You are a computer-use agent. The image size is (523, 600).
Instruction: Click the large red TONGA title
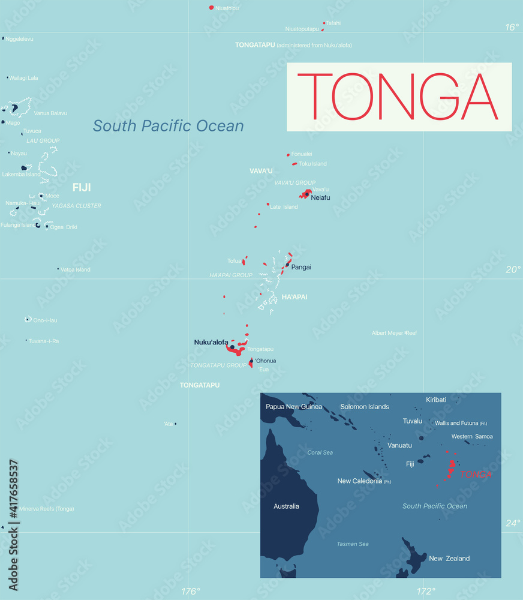(x=399, y=97)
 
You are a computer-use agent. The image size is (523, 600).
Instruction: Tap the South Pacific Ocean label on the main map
(x=168, y=126)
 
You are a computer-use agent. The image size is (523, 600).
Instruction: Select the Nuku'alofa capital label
(x=211, y=342)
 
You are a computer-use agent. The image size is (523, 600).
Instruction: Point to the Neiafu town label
(x=320, y=197)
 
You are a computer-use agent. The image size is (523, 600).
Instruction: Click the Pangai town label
(x=301, y=267)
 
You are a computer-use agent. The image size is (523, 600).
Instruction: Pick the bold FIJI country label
(x=82, y=188)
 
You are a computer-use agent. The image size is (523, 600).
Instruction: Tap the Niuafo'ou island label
(x=227, y=8)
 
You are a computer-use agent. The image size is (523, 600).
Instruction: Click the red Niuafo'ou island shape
(x=211, y=8)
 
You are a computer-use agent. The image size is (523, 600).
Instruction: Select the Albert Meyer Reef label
(x=394, y=333)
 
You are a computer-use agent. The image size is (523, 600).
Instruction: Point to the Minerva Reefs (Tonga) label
(x=47, y=509)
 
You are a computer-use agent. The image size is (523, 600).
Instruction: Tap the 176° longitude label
(x=191, y=592)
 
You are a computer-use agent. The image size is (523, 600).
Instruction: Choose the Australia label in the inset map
(x=286, y=506)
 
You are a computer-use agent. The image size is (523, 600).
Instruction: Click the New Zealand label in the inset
(x=449, y=559)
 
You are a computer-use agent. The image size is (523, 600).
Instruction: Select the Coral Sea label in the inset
(x=320, y=452)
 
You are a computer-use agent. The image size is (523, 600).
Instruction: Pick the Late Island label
(x=284, y=207)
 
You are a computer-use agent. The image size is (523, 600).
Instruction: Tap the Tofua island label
(x=234, y=261)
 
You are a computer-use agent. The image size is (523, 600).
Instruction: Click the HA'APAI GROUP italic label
(x=231, y=275)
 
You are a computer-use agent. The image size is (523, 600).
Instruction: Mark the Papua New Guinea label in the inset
(x=294, y=407)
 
